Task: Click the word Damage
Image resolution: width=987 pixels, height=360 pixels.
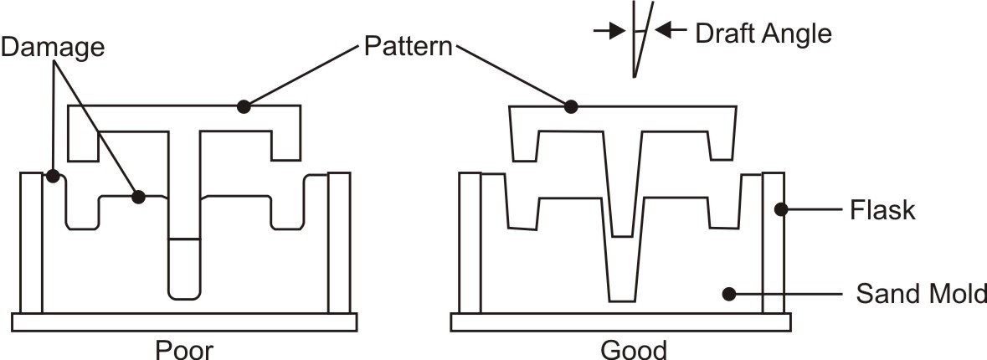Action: (x=53, y=48)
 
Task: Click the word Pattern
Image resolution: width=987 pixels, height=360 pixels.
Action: (x=408, y=45)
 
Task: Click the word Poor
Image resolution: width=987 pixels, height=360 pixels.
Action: (x=184, y=347)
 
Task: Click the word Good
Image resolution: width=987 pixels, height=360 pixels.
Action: (x=634, y=347)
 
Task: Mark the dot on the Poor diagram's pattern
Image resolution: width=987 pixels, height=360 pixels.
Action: (x=244, y=106)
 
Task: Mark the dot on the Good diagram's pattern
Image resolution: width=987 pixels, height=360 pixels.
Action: (x=571, y=106)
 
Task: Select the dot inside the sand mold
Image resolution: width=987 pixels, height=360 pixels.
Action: (x=729, y=294)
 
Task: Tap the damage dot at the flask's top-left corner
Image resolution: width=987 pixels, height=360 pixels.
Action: (x=52, y=177)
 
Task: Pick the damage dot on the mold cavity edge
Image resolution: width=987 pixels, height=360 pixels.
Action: (x=138, y=197)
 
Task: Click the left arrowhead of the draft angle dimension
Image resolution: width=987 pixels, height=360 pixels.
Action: (x=620, y=31)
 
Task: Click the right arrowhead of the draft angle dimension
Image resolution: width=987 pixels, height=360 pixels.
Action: (x=659, y=31)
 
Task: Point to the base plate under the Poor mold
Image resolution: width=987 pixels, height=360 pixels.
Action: (x=184, y=321)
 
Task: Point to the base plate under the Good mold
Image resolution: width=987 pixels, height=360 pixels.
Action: (x=619, y=321)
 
